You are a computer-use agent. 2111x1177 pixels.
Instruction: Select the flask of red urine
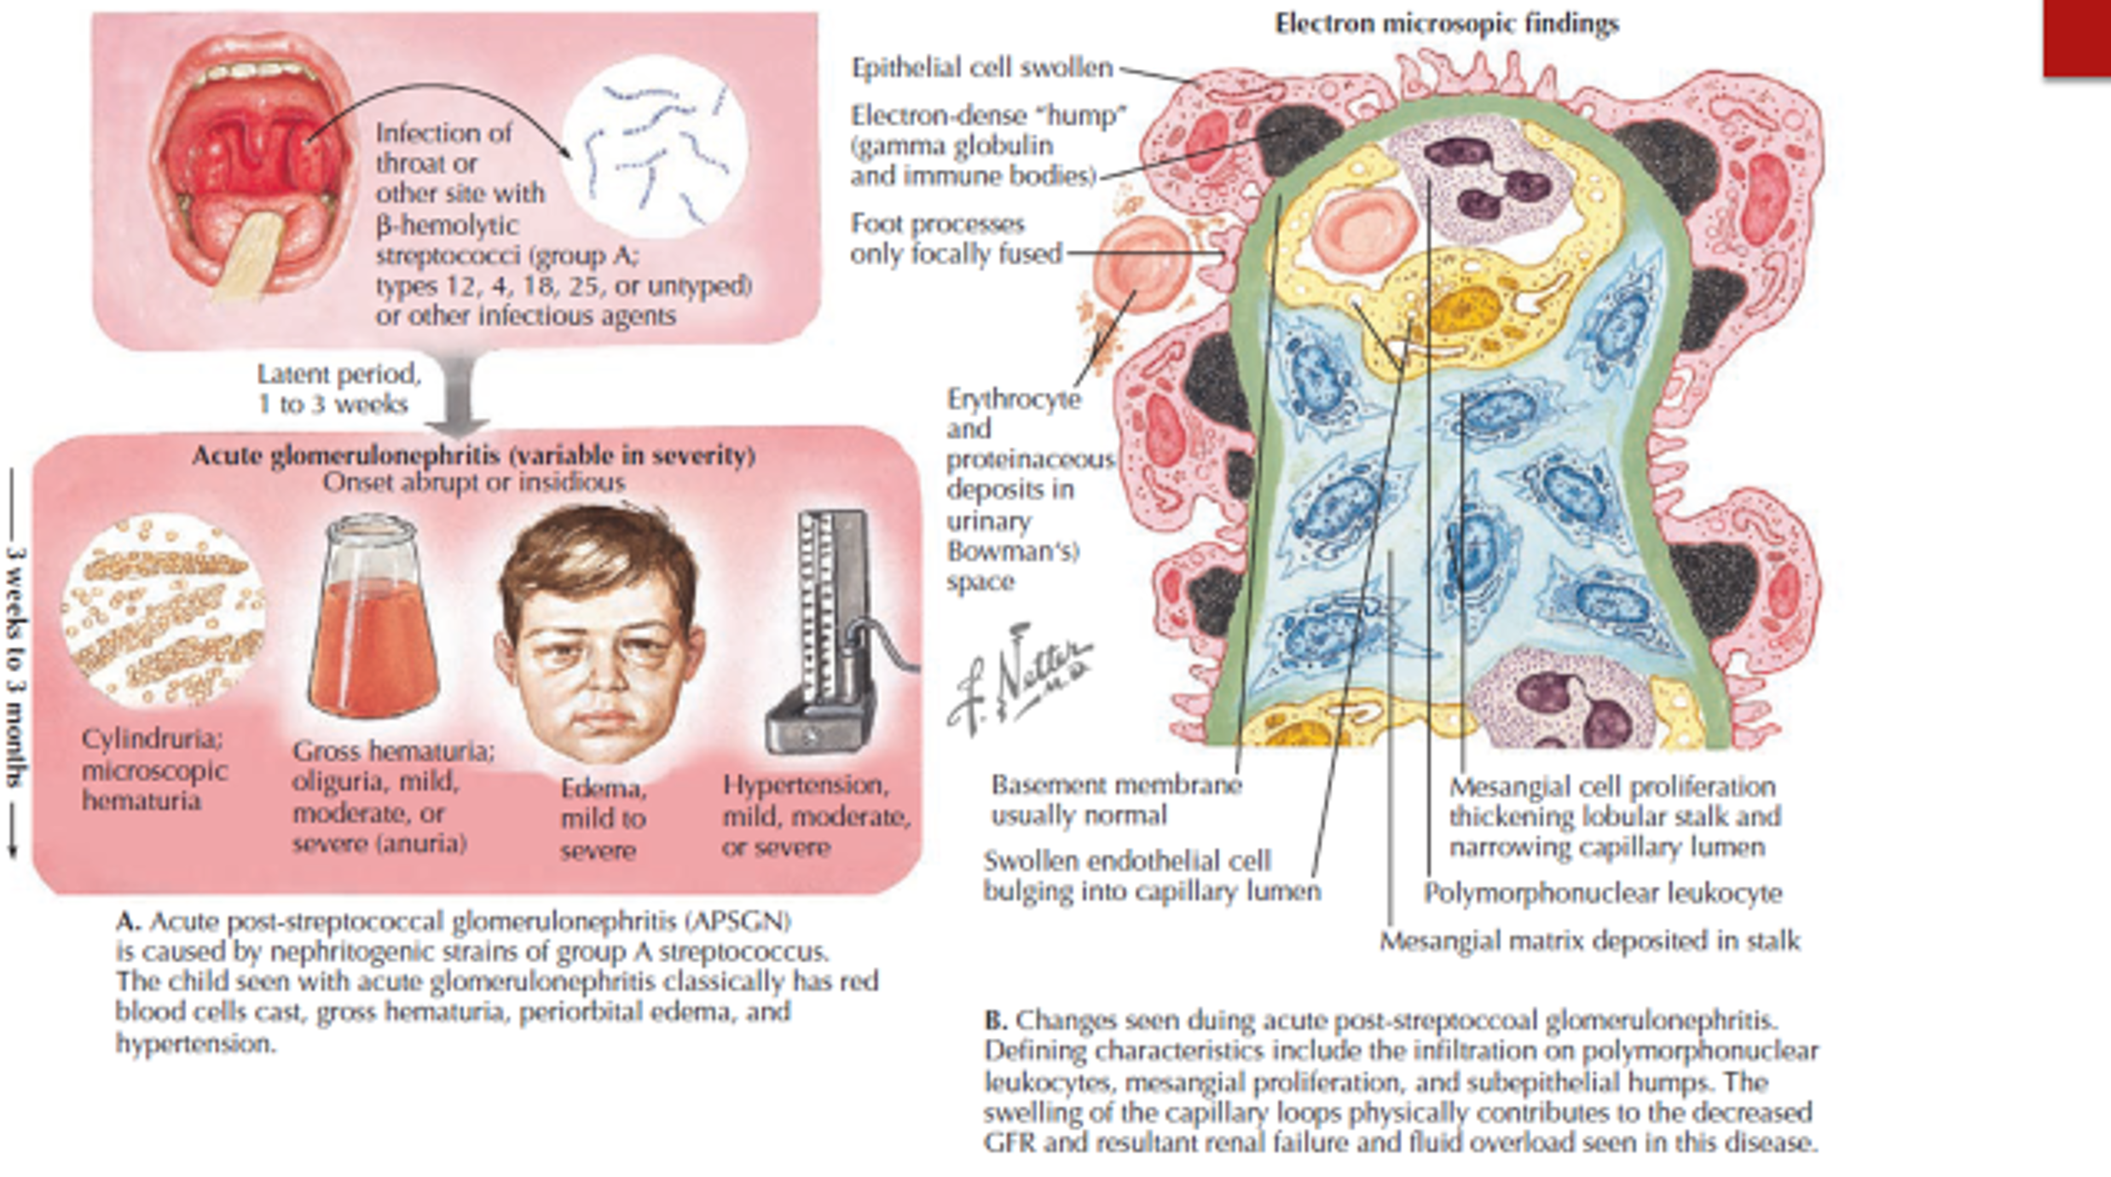point(373,623)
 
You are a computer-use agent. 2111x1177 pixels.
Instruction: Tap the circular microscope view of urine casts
point(163,611)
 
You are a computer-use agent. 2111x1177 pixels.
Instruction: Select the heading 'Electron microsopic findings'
point(1446,24)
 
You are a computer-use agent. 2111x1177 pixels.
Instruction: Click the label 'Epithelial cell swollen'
point(982,67)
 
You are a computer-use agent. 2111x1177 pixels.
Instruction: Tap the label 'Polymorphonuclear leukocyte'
point(1603,893)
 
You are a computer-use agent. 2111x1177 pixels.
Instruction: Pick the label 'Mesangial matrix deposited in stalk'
point(1589,941)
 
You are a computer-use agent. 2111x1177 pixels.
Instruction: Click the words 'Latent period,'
point(338,374)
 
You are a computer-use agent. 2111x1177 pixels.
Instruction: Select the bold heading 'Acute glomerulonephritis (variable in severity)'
point(473,455)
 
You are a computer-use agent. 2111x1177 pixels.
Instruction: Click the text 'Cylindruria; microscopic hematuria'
point(153,769)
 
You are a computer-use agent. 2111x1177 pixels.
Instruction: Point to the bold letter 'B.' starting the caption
point(996,1020)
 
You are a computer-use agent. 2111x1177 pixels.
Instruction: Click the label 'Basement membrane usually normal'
point(1115,800)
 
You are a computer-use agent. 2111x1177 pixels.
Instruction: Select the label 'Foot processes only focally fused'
point(956,239)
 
